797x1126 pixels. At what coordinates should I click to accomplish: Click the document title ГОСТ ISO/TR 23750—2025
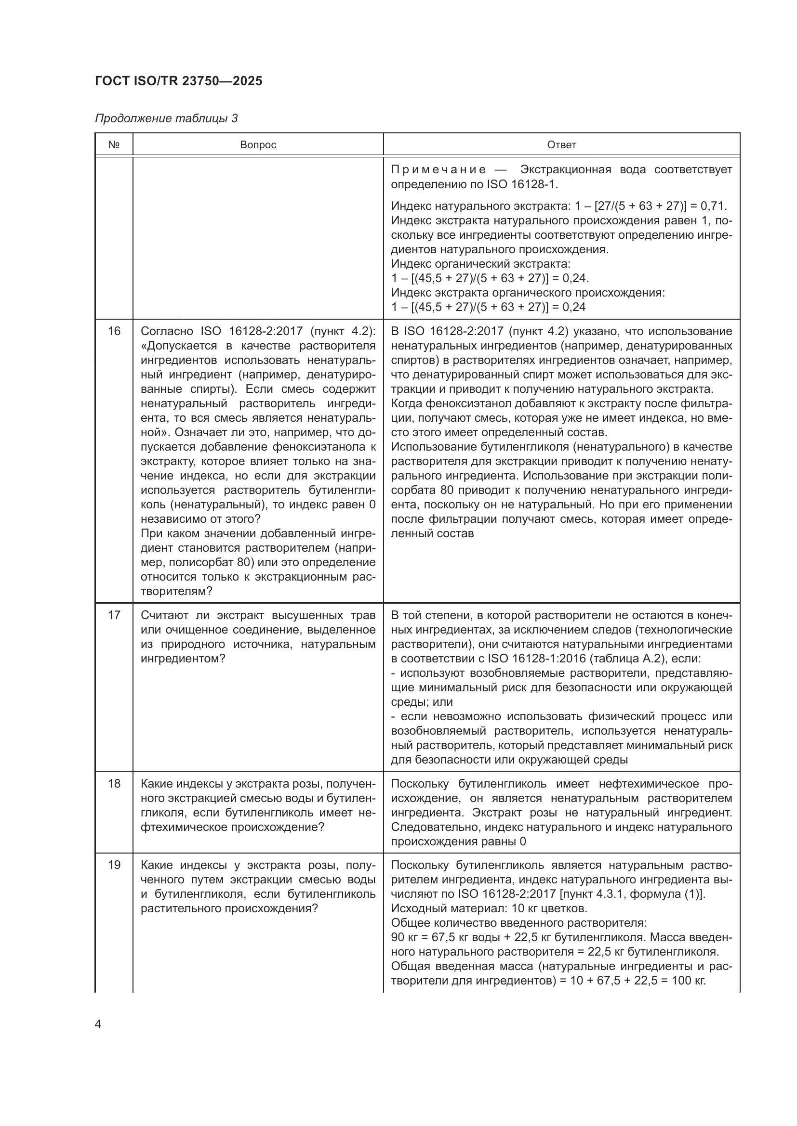tap(179, 81)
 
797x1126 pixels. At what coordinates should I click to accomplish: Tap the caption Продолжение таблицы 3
tap(166, 119)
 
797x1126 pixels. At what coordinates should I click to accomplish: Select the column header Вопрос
tap(258, 145)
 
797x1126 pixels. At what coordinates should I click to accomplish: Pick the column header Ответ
tap(561, 145)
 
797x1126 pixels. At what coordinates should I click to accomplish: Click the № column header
tap(114, 145)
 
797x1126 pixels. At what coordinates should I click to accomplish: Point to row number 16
tap(114, 332)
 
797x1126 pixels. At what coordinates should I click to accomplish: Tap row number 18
tap(114, 784)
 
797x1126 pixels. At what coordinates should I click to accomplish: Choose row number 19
tap(114, 865)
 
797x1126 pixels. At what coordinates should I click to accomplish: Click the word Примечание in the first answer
tap(438, 170)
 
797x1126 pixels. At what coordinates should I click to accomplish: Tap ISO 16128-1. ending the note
tap(522, 185)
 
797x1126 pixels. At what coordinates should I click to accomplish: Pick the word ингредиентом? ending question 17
tap(183, 659)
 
